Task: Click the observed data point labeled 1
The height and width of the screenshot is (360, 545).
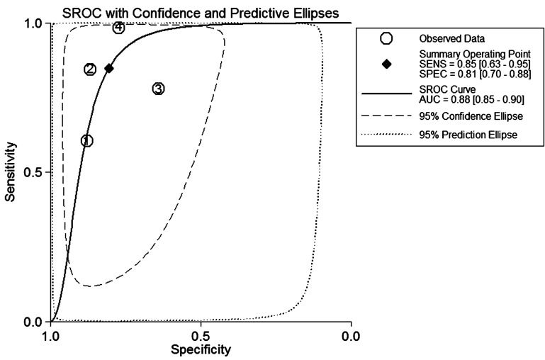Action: [x=86, y=140]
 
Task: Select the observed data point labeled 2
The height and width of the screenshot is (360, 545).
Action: [x=90, y=69]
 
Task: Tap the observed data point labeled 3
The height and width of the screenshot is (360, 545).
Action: [x=158, y=89]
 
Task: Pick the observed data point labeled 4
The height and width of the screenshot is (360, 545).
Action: [x=118, y=28]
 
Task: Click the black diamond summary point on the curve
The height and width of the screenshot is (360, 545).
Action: [x=109, y=68]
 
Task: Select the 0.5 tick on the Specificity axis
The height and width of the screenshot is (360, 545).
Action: [x=201, y=335]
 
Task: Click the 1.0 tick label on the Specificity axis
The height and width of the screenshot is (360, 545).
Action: [x=51, y=335]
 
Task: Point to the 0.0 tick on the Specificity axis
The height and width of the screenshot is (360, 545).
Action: [x=351, y=335]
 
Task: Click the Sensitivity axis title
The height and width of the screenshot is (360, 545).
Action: [x=11, y=172]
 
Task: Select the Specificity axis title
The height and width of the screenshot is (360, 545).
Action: [x=201, y=349]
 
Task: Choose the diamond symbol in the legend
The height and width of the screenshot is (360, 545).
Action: [x=386, y=64]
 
